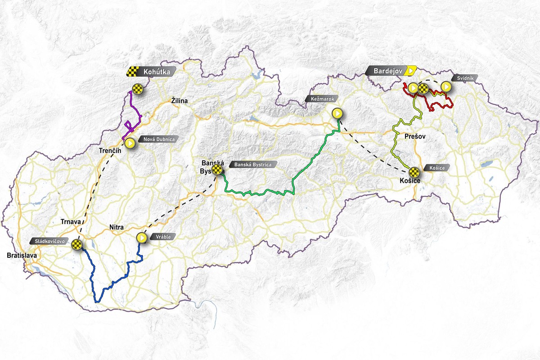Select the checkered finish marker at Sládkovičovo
77,245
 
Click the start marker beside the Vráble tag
141,237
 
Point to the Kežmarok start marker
337,113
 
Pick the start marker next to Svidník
445,86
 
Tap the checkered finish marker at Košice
414,171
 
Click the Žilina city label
179,101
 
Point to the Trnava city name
71,221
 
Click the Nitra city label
116,228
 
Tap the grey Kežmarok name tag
320,99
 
